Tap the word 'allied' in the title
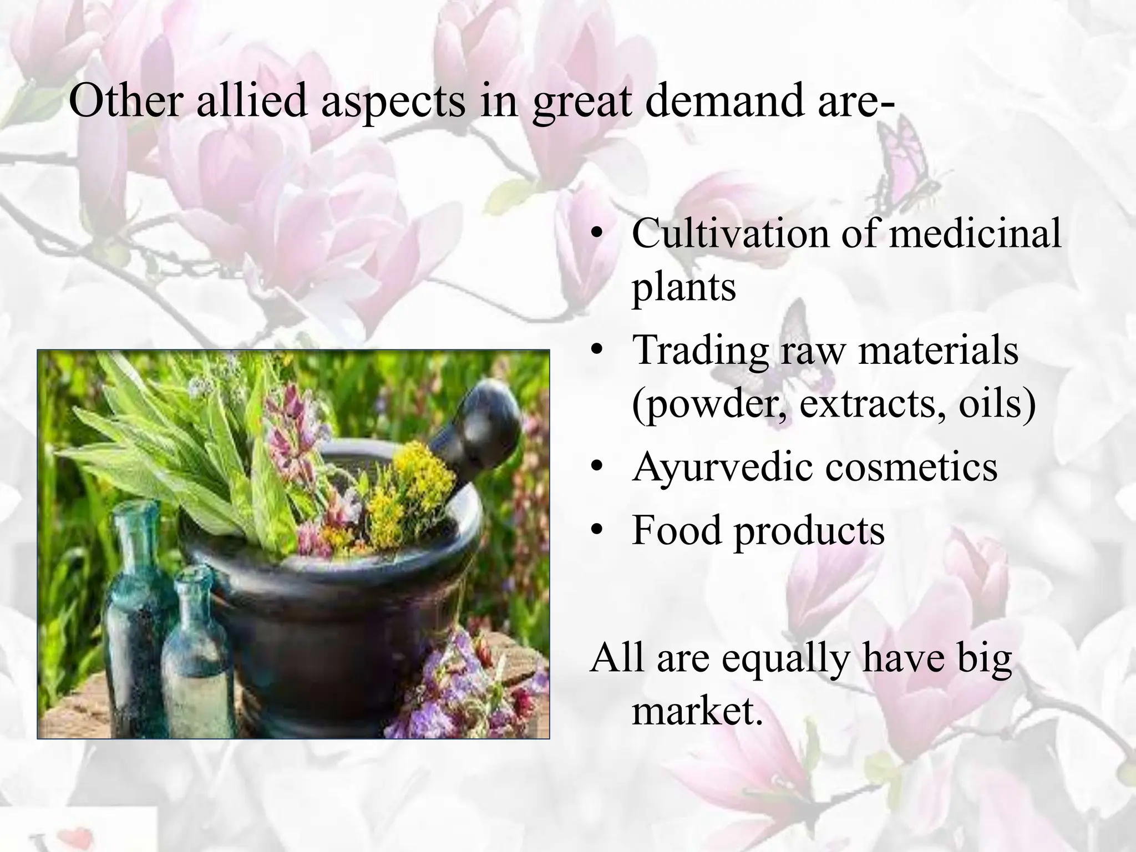pos(252,103)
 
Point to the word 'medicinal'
pos(975,234)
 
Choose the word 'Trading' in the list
pos(700,351)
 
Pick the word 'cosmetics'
pos(911,467)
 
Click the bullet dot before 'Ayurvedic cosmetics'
pos(596,469)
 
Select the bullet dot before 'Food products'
pos(596,531)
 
